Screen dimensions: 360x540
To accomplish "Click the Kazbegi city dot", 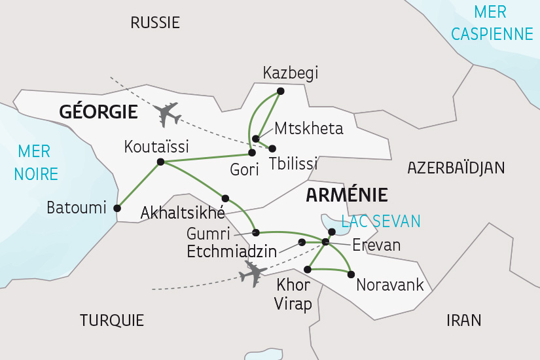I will point(281,91).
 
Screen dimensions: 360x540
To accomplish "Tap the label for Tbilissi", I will point(293,163).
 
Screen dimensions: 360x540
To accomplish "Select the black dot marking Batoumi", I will point(117,209).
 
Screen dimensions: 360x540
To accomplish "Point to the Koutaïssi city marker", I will point(160,162).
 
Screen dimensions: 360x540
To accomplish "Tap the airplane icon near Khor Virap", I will point(253,273).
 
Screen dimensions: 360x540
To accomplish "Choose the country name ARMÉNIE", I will point(346,194).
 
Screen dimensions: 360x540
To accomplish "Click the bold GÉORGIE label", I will point(98,112).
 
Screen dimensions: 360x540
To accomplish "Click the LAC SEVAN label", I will point(380,221).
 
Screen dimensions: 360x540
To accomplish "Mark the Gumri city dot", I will point(256,232).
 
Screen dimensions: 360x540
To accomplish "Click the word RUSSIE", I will point(155,23).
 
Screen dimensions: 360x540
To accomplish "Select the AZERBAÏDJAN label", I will point(456,168).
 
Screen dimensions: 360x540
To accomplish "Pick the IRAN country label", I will point(463,320).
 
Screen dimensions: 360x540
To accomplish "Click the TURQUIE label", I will point(111,320).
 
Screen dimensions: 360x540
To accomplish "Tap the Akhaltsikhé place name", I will point(183,213).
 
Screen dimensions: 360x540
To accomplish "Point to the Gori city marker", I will point(251,153).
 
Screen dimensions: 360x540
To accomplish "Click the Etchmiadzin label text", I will point(230,251).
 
